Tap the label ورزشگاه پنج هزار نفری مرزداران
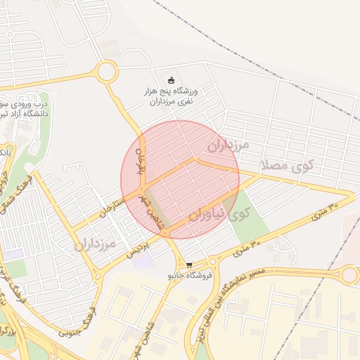(x=172, y=96)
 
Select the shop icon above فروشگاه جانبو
(x=188, y=264)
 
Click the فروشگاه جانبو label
(x=188, y=276)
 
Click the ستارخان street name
(x=113, y=207)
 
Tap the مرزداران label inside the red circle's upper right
(x=229, y=146)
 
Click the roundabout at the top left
(x=108, y=71)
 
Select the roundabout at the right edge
(x=350, y=274)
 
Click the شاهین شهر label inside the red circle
(x=149, y=206)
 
